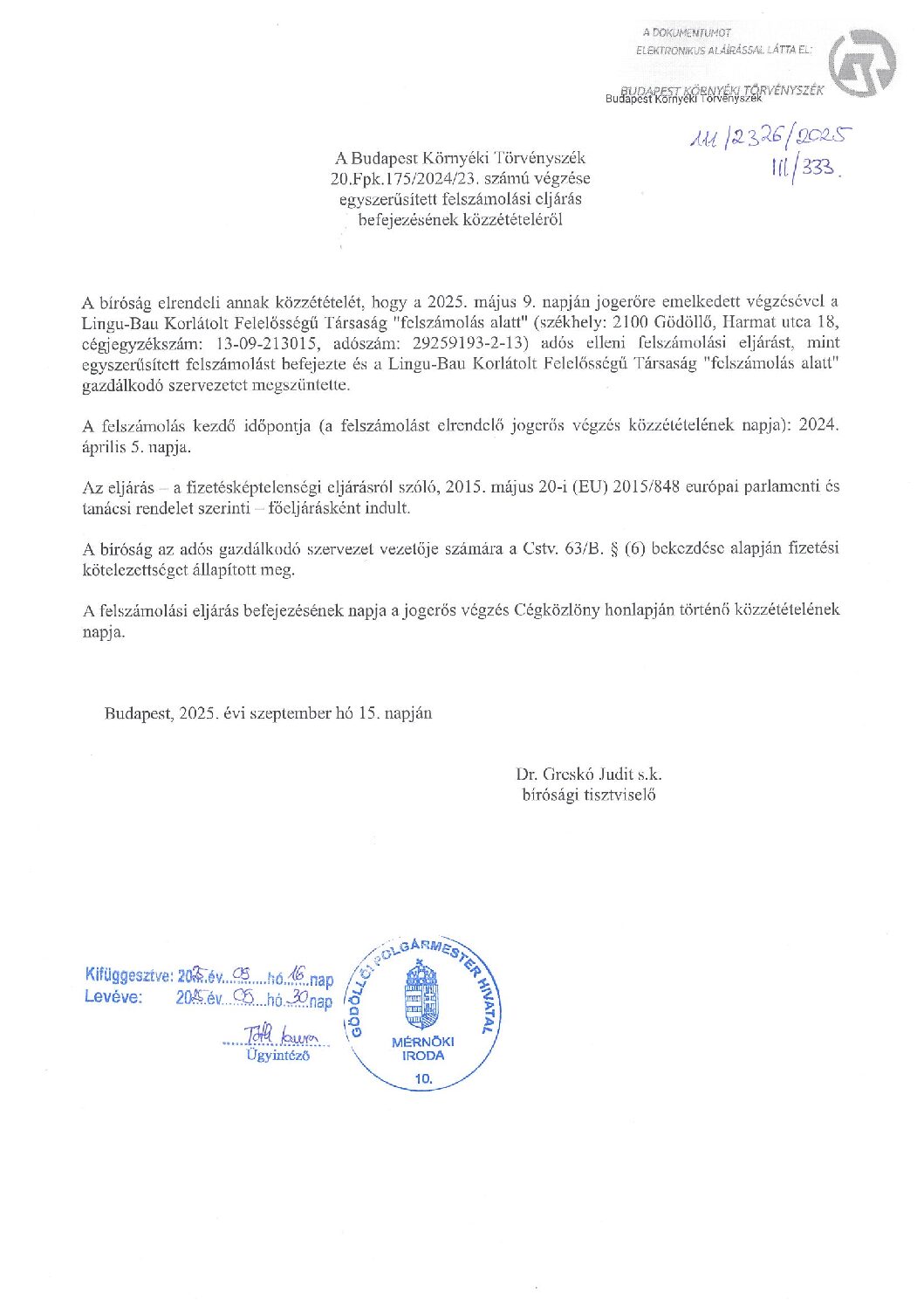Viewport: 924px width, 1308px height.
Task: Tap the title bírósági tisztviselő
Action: pos(589,795)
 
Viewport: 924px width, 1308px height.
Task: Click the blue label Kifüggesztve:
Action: pos(128,975)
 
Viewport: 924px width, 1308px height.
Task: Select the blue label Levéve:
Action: pos(113,996)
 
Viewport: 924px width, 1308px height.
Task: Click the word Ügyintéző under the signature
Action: pos(277,1055)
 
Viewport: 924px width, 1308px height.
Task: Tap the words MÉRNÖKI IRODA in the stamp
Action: pos(423,1049)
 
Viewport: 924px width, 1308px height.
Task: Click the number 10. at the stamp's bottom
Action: pos(423,1078)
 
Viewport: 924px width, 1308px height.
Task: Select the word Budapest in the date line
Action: pos(138,713)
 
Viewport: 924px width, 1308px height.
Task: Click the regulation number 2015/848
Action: pos(646,486)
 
